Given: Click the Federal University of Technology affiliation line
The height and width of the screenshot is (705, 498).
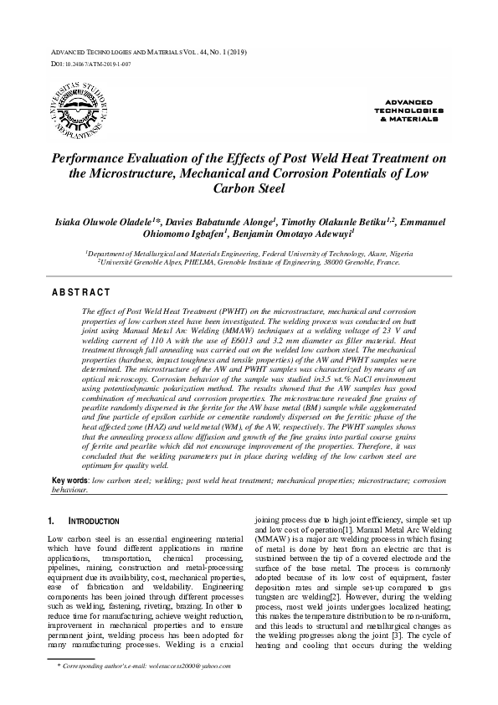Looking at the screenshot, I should [x=249, y=251].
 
